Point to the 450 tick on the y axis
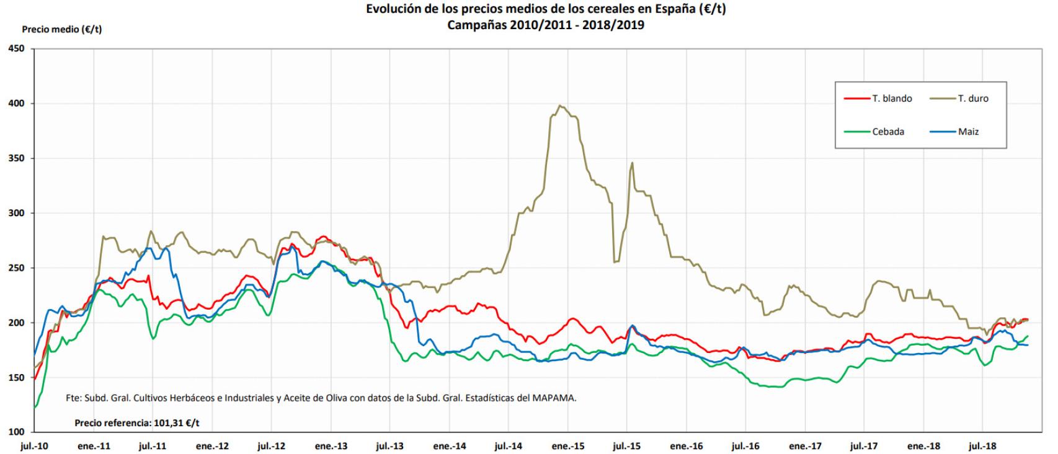point(16,49)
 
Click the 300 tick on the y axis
point(16,213)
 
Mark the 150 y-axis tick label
point(16,377)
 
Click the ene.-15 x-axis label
point(568,445)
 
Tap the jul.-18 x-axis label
point(982,445)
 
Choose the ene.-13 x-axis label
point(331,445)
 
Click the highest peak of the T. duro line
point(560,106)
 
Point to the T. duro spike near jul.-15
point(632,163)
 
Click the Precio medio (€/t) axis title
point(62,29)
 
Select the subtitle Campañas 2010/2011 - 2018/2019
point(546,25)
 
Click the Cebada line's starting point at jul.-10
point(35,407)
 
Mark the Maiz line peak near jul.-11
point(149,248)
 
